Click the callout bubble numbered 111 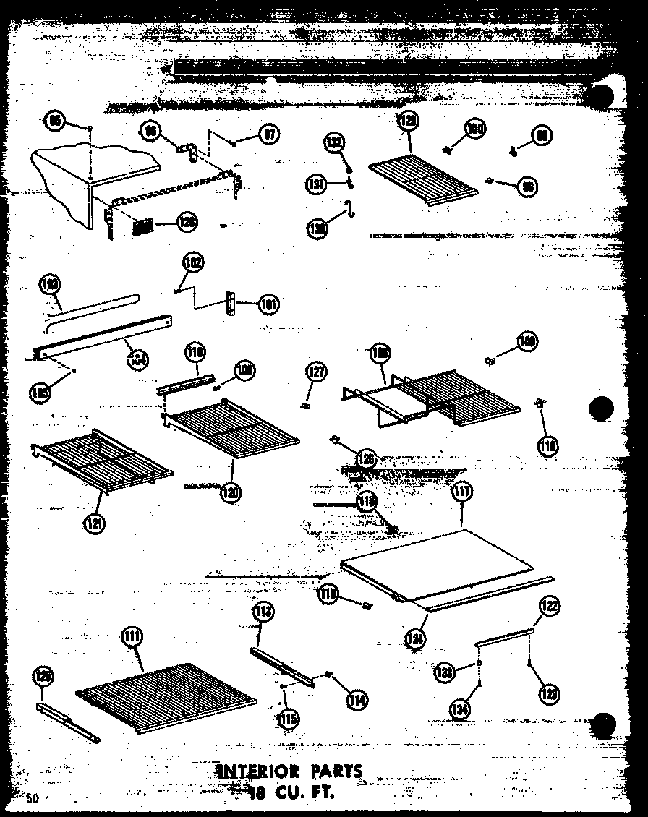click(x=132, y=636)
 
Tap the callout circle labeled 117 click(x=461, y=492)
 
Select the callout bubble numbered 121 click(x=93, y=523)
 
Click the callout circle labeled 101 click(x=267, y=304)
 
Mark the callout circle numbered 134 click(x=458, y=710)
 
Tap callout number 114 click(x=357, y=699)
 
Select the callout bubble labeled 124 click(x=416, y=638)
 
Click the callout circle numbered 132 click(x=335, y=142)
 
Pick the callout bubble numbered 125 click(x=42, y=676)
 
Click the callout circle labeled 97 click(x=268, y=134)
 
